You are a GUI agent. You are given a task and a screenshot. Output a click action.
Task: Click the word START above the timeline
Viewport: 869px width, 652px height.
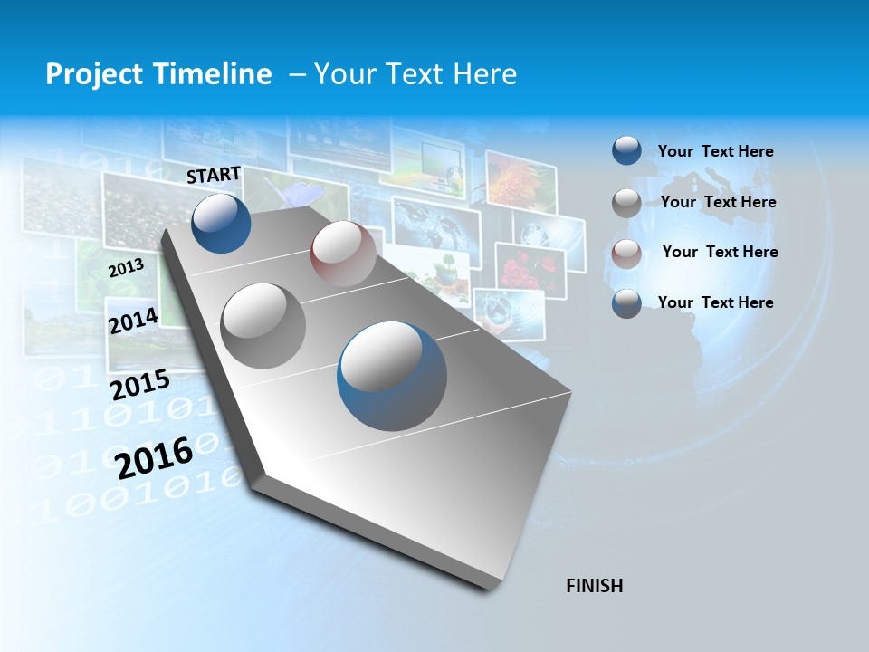pos(214,175)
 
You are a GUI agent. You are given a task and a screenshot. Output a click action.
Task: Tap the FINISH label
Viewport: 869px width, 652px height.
pos(594,586)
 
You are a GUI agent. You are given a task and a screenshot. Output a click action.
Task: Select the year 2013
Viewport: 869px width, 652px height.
pos(126,268)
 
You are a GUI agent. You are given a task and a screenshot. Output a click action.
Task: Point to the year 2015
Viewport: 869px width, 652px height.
pos(139,385)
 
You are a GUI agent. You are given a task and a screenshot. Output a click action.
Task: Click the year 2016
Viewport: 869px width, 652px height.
pos(154,457)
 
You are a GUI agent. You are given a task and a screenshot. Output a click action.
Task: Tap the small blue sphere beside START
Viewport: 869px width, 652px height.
pos(221,223)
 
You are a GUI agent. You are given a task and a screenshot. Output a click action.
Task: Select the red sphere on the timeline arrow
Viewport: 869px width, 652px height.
pos(343,253)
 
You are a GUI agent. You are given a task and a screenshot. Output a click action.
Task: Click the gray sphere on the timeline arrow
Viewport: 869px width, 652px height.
pos(263,325)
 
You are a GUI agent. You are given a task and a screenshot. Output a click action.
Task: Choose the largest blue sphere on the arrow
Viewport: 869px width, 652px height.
pos(392,375)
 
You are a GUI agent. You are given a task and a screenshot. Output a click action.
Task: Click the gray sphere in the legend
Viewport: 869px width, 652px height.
pos(626,203)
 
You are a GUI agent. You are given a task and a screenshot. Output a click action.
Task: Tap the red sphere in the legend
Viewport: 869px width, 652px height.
pos(626,254)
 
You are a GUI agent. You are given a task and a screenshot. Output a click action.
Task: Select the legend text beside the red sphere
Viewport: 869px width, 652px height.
pos(720,252)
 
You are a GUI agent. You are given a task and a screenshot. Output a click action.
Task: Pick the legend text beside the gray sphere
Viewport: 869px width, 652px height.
pos(718,202)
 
